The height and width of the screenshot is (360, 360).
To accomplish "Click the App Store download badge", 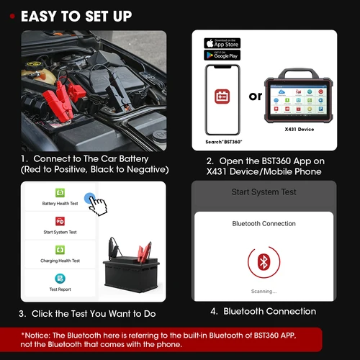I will tap(222, 42).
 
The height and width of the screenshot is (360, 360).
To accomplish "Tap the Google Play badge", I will tap(222, 55).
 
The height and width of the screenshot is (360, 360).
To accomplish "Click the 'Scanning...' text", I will tap(264, 291).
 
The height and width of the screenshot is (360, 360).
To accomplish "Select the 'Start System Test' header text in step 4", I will tap(264, 192).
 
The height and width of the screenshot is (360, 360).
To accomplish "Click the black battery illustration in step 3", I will tap(130, 277).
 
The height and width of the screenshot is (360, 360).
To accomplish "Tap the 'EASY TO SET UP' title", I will tap(75, 16).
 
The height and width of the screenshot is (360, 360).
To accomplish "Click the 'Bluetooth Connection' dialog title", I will tap(264, 224).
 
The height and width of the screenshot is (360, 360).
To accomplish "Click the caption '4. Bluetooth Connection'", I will tap(264, 312).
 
